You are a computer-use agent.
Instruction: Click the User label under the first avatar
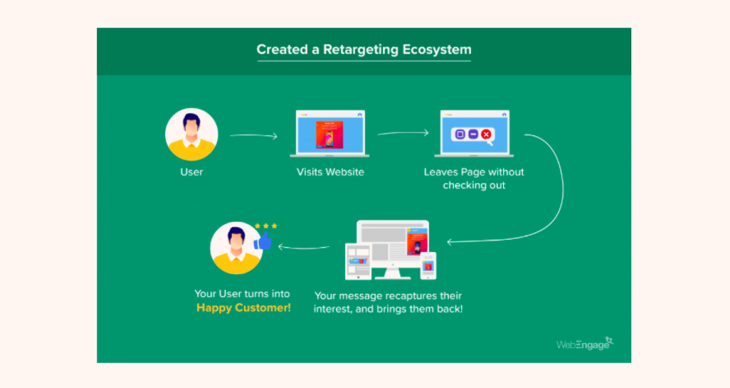click(x=191, y=172)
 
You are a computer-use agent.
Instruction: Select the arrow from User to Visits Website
click(x=253, y=135)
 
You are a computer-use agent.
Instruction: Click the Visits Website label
click(x=330, y=172)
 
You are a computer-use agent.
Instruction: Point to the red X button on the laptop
click(x=486, y=134)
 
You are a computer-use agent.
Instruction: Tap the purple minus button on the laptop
click(x=473, y=134)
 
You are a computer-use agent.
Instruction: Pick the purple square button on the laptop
click(x=459, y=134)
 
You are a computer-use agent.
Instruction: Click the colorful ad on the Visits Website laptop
click(x=329, y=134)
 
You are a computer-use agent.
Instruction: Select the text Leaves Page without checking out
click(x=474, y=179)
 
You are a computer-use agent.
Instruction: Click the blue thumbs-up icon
click(x=264, y=241)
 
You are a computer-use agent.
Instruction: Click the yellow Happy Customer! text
click(x=244, y=308)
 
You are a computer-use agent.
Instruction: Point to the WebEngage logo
click(x=584, y=344)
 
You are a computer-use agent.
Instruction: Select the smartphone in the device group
click(x=428, y=266)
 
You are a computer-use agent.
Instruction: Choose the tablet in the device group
click(x=358, y=262)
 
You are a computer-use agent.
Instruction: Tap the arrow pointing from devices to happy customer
click(x=303, y=248)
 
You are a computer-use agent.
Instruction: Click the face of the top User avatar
click(x=191, y=128)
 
